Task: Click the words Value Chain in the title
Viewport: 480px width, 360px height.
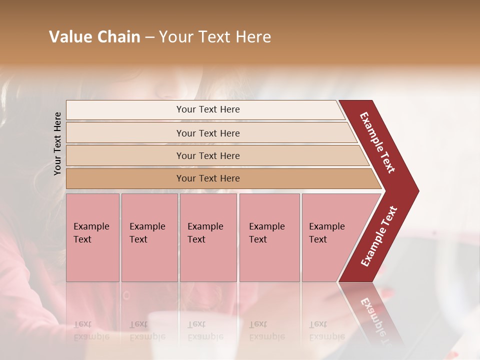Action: pyautogui.click(x=94, y=37)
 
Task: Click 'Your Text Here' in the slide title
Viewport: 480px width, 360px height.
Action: pyautogui.click(x=215, y=37)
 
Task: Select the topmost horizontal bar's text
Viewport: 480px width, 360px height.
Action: pyautogui.click(x=208, y=109)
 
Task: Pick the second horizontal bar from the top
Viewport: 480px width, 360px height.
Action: pyautogui.click(x=208, y=133)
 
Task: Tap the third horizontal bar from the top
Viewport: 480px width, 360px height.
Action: pyautogui.click(x=208, y=156)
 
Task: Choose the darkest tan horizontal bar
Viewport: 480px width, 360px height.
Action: pyautogui.click(x=208, y=178)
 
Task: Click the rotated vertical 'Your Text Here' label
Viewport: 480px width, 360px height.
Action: pyautogui.click(x=58, y=143)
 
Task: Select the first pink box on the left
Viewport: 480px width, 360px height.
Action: pyautogui.click(x=92, y=237)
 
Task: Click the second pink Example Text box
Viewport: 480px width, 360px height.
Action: pyautogui.click(x=149, y=237)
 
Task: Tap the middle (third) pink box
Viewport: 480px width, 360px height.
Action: pyautogui.click(x=208, y=237)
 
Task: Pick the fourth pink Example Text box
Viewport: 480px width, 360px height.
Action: pyautogui.click(x=269, y=237)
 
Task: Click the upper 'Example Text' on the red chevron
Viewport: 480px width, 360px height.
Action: pyautogui.click(x=377, y=142)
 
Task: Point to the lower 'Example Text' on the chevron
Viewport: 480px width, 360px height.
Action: pyautogui.click(x=379, y=236)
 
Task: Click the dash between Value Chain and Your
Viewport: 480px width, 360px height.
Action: pyautogui.click(x=149, y=37)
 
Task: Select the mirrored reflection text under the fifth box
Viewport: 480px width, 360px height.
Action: pyautogui.click(x=326, y=330)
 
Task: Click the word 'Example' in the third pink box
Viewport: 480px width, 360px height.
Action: pyautogui.click(x=205, y=226)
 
